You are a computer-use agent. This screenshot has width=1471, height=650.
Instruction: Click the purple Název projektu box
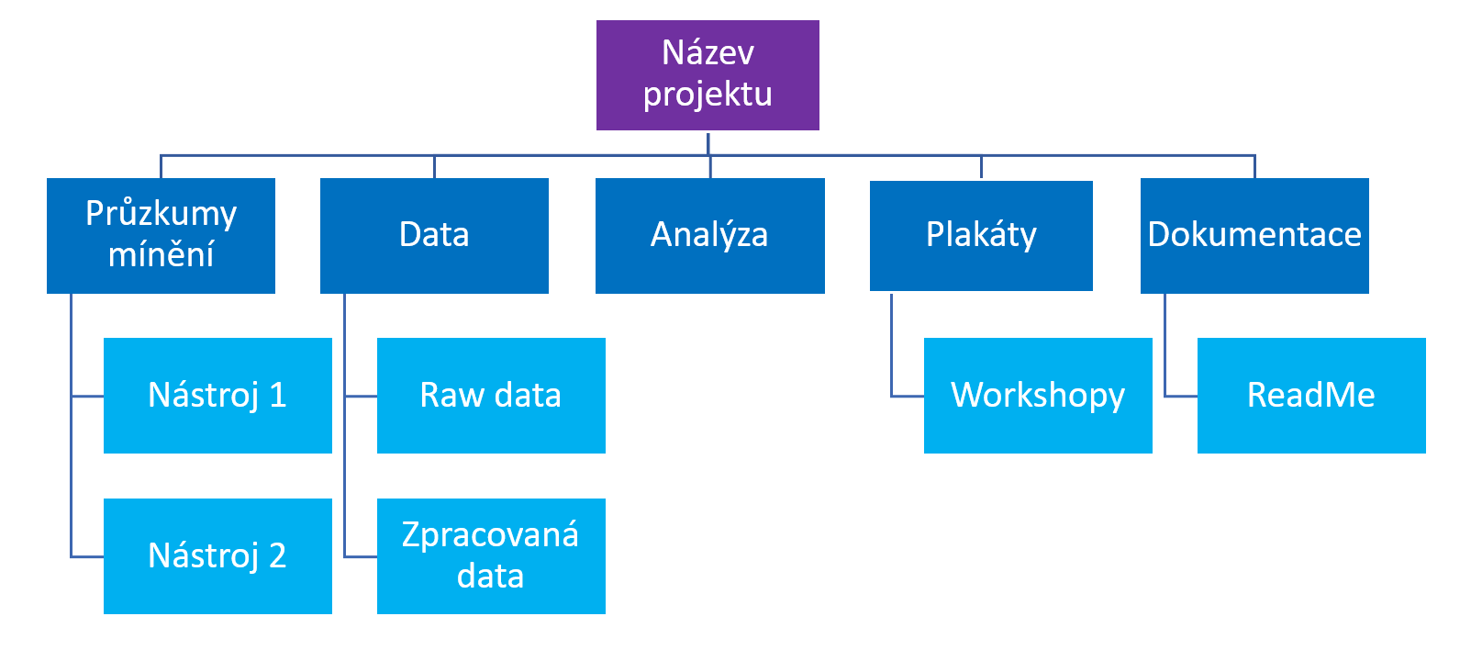tap(708, 75)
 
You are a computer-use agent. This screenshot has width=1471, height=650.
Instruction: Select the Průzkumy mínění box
tap(161, 235)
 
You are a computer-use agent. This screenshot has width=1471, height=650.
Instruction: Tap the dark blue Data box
tap(434, 235)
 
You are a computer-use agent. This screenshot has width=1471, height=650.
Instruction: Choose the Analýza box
tap(710, 235)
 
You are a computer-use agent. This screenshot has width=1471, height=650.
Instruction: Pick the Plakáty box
tap(981, 235)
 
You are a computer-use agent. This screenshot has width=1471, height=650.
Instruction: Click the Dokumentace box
tap(1254, 235)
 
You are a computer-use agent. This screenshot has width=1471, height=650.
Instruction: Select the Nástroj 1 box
tap(217, 396)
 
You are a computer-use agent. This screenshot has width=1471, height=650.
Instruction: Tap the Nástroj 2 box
tap(217, 556)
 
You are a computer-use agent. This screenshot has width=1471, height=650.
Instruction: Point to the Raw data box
tap(491, 396)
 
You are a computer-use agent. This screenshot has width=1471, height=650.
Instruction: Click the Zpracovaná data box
tap(491, 556)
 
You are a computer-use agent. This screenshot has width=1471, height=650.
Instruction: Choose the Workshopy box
tap(1038, 396)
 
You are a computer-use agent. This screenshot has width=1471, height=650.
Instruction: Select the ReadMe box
tap(1311, 396)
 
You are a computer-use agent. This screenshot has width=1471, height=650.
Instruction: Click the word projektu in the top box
tap(708, 94)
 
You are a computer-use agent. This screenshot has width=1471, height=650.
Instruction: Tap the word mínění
tap(161, 253)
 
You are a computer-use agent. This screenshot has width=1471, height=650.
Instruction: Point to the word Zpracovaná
tap(491, 535)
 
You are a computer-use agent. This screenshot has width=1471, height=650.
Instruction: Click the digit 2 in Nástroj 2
tap(277, 555)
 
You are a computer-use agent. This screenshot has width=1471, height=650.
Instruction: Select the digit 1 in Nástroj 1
tap(278, 395)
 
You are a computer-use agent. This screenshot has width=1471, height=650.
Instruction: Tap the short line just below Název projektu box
tap(708, 144)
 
